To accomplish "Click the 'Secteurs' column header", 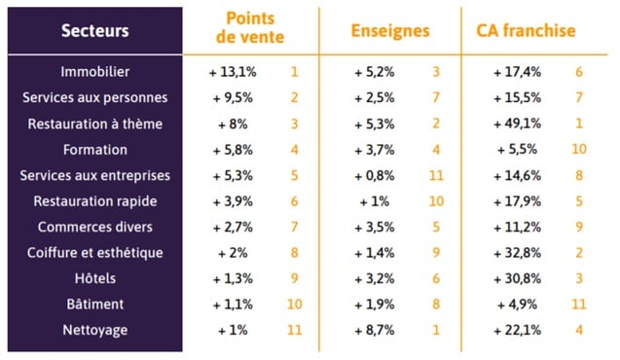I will (94, 30).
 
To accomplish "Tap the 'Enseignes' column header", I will (389, 30).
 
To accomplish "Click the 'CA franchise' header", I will (526, 30).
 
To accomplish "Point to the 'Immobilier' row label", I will (94, 72).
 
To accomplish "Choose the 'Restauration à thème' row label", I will (94, 124).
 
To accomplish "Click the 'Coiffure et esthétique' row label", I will (94, 253).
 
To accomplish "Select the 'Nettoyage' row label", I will (94, 330).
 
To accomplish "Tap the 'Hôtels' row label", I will (94, 278).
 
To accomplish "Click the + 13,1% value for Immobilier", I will (233, 72).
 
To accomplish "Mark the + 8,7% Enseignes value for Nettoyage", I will (375, 330).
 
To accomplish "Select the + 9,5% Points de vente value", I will (233, 97).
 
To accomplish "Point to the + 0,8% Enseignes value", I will (375, 175).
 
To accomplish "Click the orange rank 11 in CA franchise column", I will (579, 305).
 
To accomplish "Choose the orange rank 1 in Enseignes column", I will (437, 330).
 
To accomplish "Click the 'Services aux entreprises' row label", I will (94, 175).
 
